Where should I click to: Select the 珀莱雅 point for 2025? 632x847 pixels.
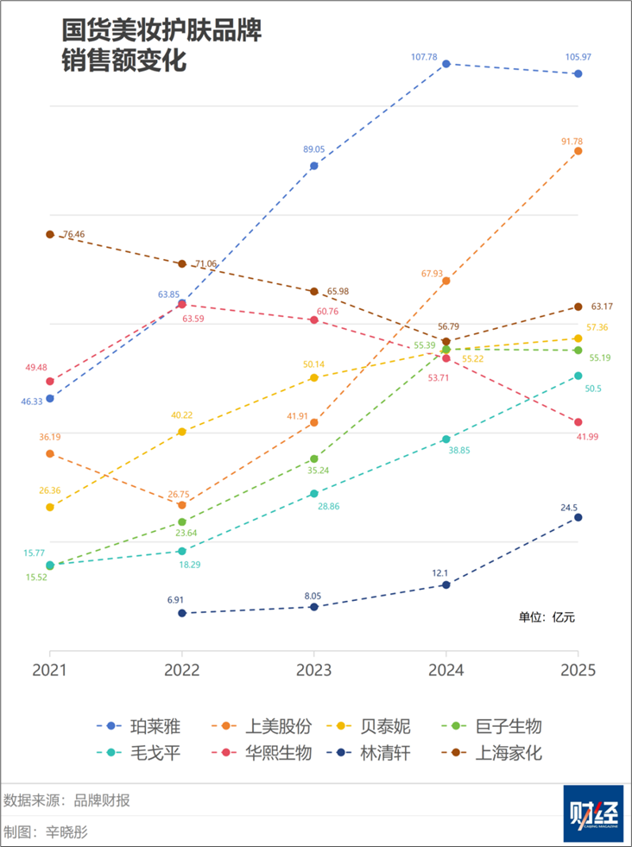(578, 74)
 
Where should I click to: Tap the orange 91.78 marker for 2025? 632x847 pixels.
(578, 151)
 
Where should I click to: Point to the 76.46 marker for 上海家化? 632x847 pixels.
(50, 235)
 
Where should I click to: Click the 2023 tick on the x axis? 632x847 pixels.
(314, 670)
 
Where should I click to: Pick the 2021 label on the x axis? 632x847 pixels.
(50, 670)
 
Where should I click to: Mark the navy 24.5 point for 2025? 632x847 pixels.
(578, 517)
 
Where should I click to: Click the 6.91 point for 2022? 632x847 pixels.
(182, 613)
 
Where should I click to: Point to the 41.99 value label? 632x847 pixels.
(586, 437)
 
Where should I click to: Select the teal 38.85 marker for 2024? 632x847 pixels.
(446, 439)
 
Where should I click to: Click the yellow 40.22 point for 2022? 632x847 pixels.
(182, 432)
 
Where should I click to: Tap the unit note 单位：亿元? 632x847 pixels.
(546, 617)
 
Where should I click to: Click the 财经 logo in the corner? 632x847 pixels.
(593, 813)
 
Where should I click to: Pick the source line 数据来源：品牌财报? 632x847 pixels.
(67, 800)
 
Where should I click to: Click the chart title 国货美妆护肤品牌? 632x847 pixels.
(161, 31)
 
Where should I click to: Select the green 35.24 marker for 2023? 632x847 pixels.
(314, 459)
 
